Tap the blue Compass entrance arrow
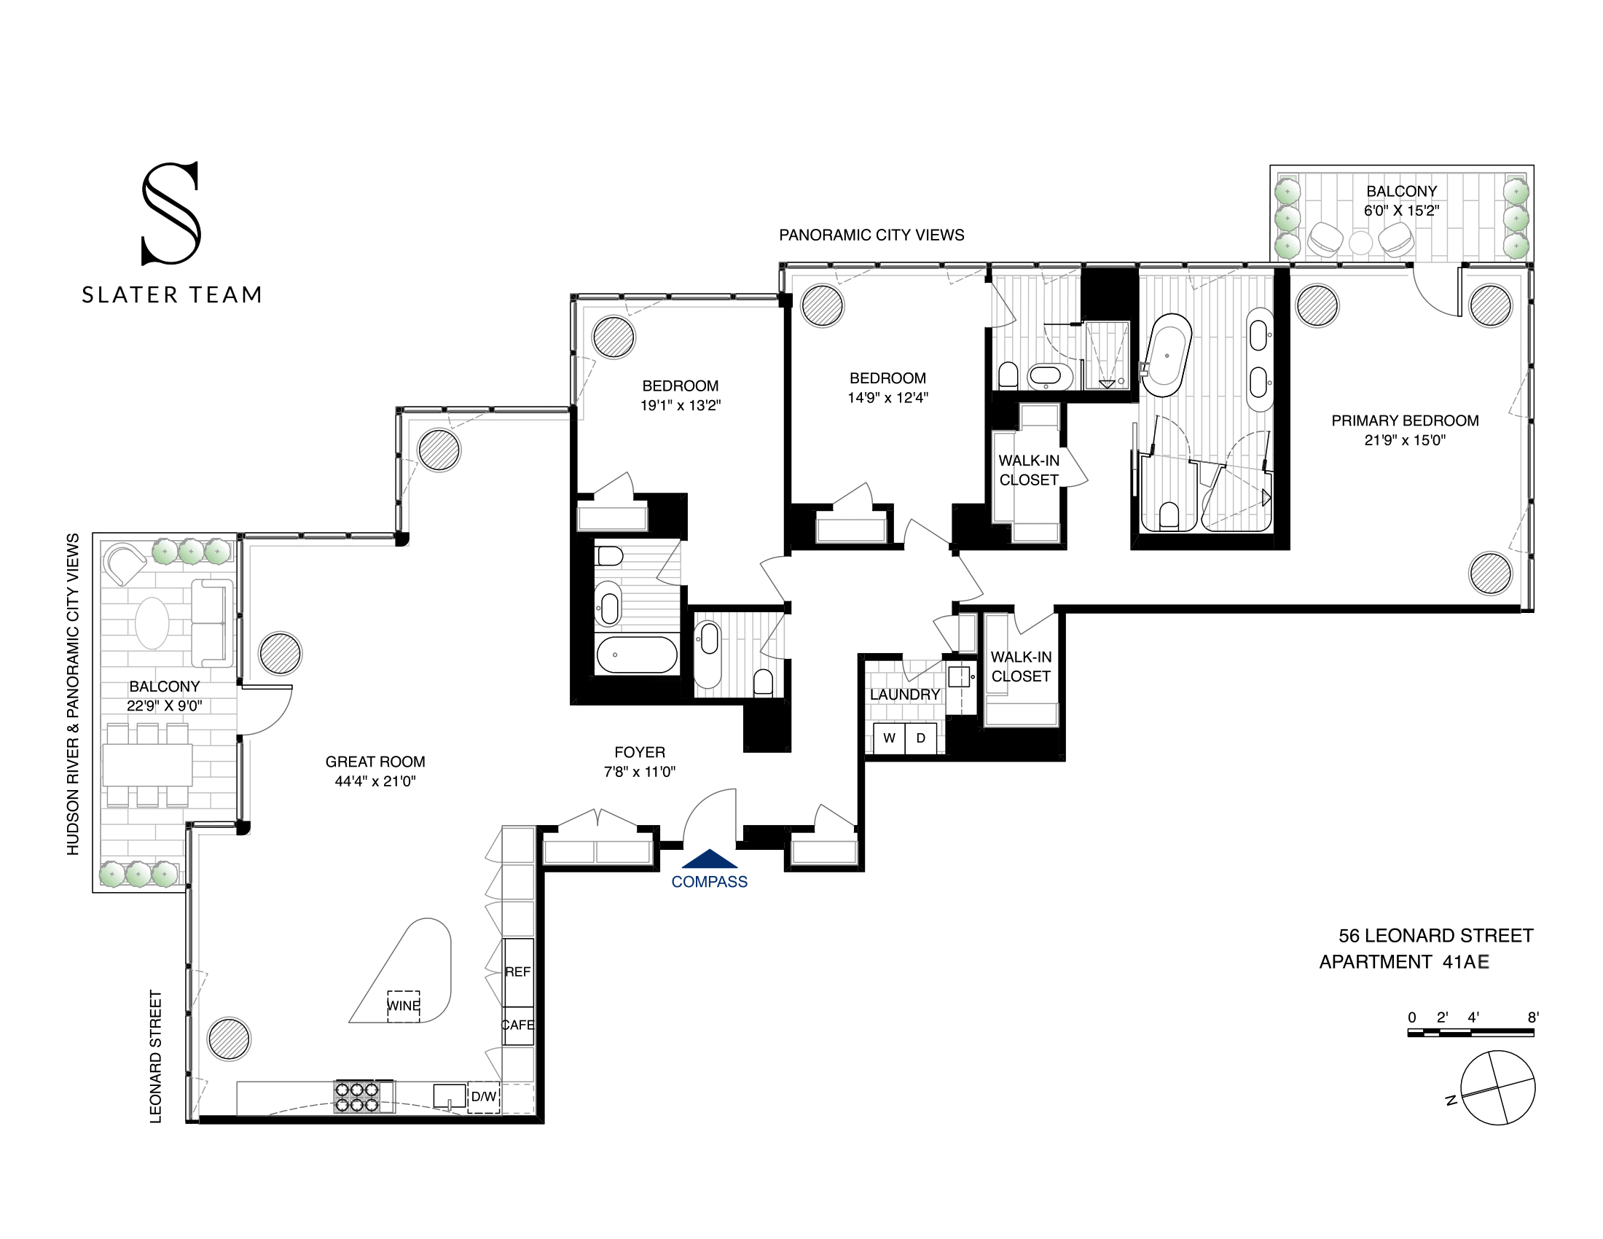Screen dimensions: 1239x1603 pyautogui.click(x=709, y=859)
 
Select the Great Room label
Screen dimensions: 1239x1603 pyautogui.click(x=375, y=762)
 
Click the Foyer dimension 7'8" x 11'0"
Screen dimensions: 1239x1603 pyautogui.click(x=639, y=771)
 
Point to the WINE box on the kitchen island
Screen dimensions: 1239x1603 pyautogui.click(x=404, y=1006)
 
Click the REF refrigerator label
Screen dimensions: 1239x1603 pyautogui.click(x=517, y=972)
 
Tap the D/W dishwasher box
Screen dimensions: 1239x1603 pyautogui.click(x=484, y=1098)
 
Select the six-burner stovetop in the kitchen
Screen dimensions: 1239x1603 pyautogui.click(x=357, y=1098)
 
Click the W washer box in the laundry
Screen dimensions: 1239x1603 pyautogui.click(x=889, y=738)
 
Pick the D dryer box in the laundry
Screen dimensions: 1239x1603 pyautogui.click(x=921, y=738)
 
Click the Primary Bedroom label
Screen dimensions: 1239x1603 pyautogui.click(x=1405, y=421)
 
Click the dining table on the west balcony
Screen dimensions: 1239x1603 pyautogui.click(x=146, y=765)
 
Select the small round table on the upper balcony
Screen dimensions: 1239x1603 pyautogui.click(x=1360, y=243)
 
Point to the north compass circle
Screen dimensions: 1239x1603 pyautogui.click(x=1497, y=1088)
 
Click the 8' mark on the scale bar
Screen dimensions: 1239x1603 pyautogui.click(x=1532, y=1018)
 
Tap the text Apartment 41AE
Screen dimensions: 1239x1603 pyautogui.click(x=1403, y=962)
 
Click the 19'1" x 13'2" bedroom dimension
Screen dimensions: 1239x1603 pyautogui.click(x=681, y=405)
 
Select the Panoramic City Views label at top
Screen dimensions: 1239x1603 pyautogui.click(x=871, y=235)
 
